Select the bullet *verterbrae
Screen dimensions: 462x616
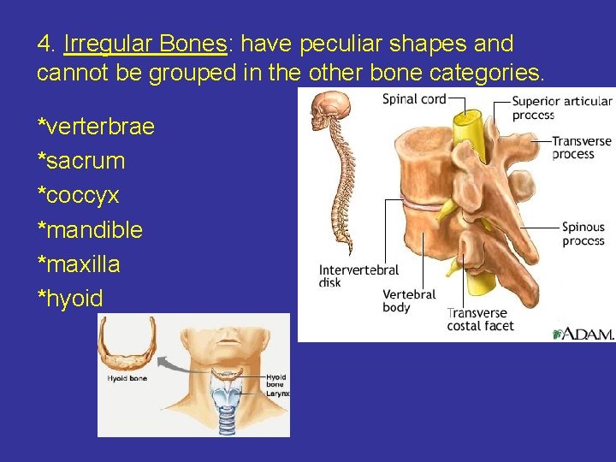click(x=96, y=127)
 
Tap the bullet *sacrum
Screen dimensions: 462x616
click(x=81, y=161)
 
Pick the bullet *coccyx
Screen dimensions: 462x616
click(x=78, y=196)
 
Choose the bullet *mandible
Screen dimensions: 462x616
click(x=90, y=230)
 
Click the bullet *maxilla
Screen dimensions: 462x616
click(x=79, y=264)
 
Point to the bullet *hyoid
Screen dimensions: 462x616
click(x=70, y=299)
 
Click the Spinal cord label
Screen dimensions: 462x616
click(x=414, y=99)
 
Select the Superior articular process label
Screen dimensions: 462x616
click(x=561, y=108)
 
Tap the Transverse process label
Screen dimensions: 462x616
click(x=581, y=147)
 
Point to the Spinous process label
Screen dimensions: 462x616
click(x=583, y=234)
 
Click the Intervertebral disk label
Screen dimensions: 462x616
click(x=358, y=275)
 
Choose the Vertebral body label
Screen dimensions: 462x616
click(x=409, y=300)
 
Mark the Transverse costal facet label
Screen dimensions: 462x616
click(x=480, y=319)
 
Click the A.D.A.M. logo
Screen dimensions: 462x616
click(x=583, y=333)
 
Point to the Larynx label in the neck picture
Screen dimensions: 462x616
click(x=278, y=394)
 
